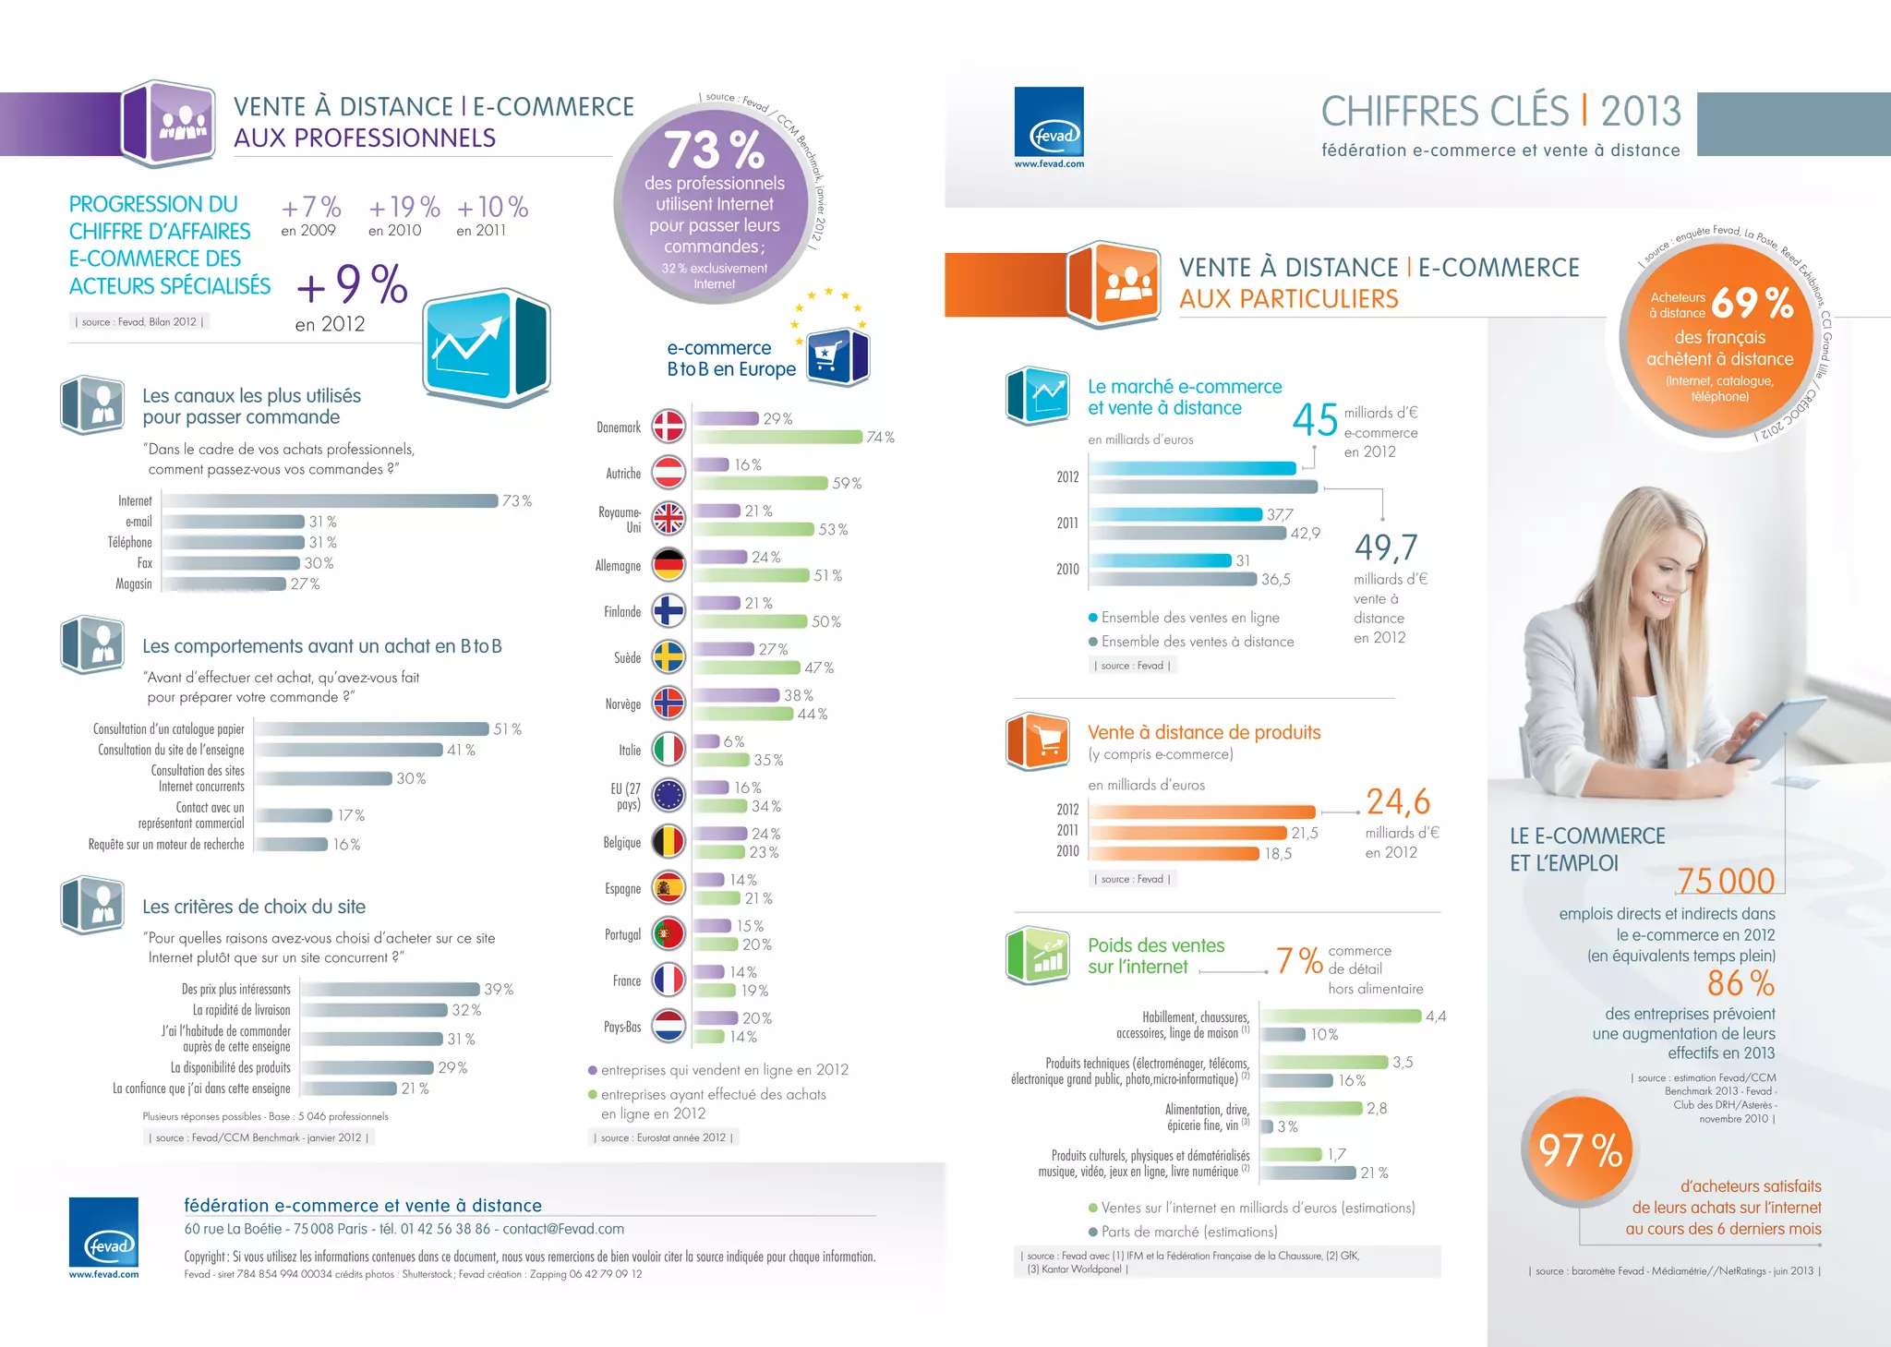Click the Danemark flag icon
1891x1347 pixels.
[668, 427]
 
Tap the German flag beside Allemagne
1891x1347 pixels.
[668, 565]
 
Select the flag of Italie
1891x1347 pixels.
[668, 750]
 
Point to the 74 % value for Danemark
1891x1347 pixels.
[880, 438]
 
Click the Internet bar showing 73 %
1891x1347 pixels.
[331, 500]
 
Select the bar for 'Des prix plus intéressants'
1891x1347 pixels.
[391, 989]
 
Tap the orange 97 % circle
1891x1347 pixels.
[1580, 1151]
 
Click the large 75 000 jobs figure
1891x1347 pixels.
[1725, 881]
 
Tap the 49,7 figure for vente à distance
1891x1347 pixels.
[1385, 547]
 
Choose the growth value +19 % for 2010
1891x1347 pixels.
[403, 207]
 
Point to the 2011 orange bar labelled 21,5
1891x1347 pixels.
[1188, 833]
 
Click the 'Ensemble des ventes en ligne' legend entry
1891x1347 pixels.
[1189, 618]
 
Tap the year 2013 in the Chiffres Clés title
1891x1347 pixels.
[1641, 112]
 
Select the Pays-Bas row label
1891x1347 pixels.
[621, 1027]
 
